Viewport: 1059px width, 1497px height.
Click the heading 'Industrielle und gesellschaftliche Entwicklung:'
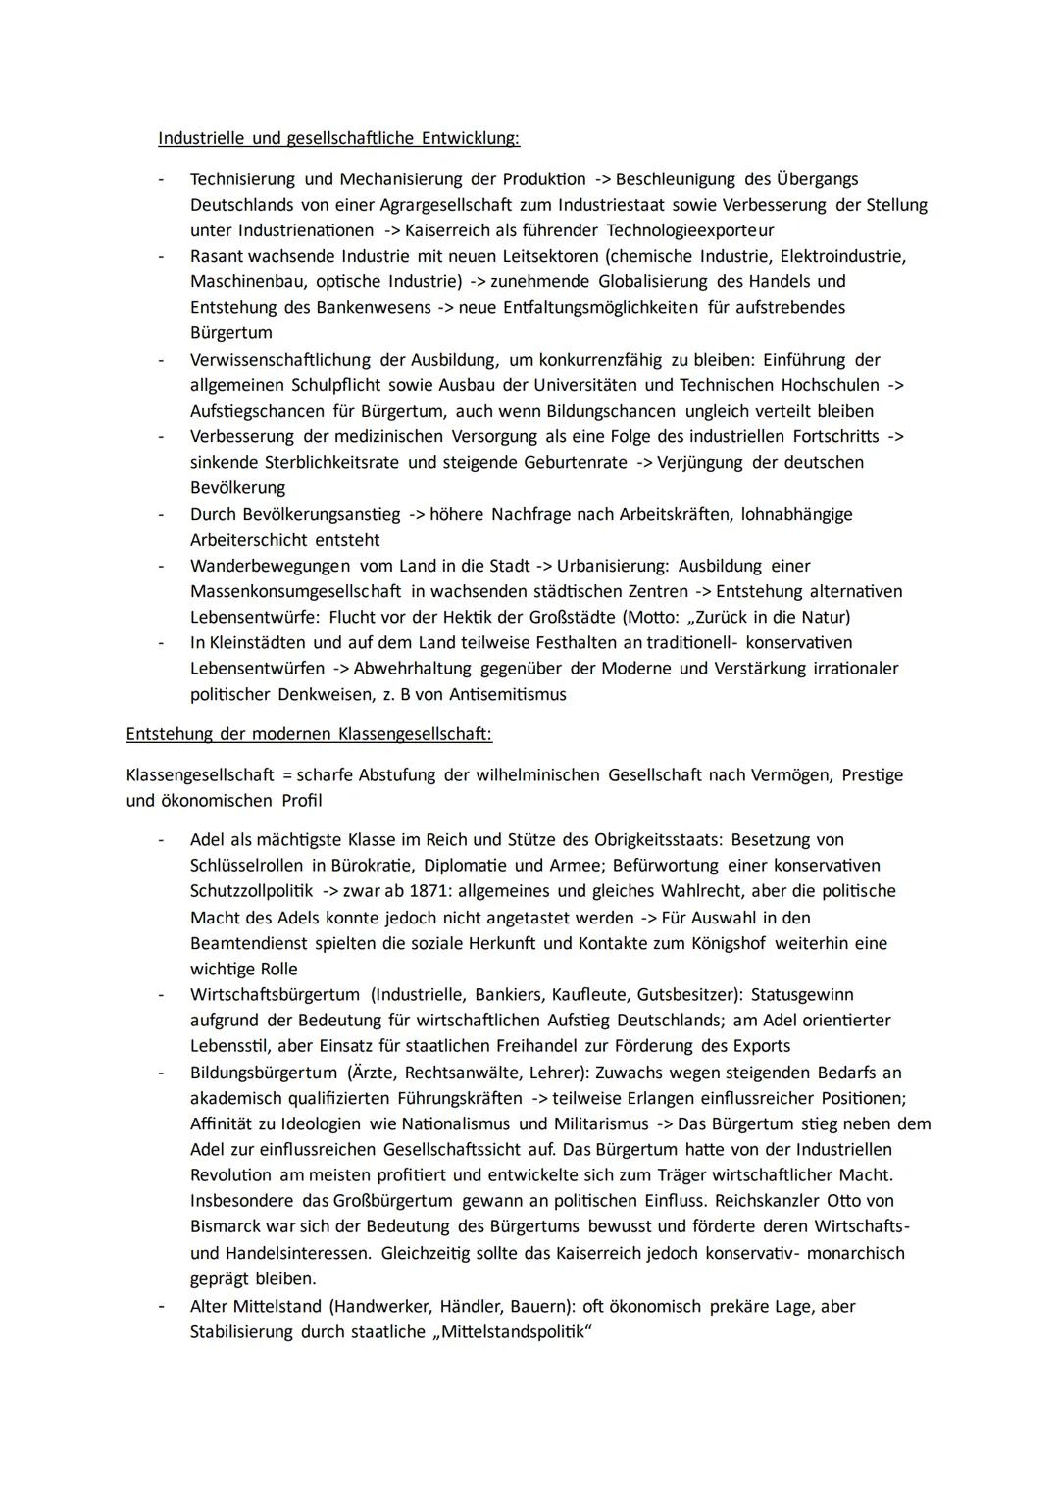tap(338, 138)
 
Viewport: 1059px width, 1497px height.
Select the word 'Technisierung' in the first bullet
tap(242, 179)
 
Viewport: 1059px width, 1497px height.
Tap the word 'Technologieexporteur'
tap(690, 230)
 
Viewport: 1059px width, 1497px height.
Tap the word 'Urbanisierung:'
tap(613, 566)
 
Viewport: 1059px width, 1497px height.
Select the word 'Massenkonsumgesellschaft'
tap(295, 591)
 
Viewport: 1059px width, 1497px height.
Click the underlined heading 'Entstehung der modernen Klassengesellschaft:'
tap(309, 733)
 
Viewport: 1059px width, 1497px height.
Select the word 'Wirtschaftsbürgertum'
tap(275, 994)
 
